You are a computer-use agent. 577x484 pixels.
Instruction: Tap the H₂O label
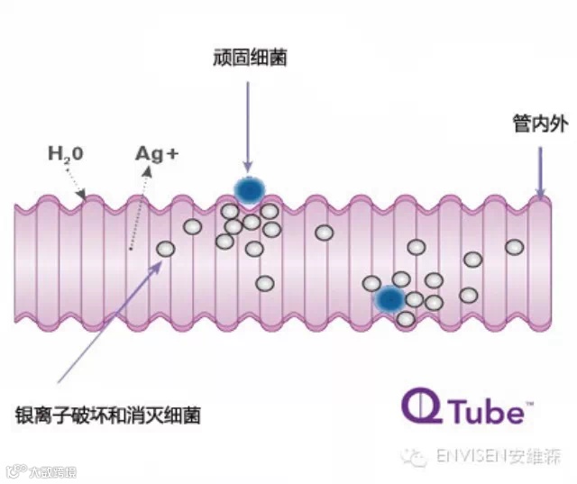coord(66,153)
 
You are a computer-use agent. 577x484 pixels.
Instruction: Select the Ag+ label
coord(157,152)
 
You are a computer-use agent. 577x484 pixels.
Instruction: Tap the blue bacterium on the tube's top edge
coord(249,189)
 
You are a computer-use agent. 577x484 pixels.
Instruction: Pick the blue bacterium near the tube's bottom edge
coord(389,298)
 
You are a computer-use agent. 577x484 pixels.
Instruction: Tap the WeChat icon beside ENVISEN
coord(416,458)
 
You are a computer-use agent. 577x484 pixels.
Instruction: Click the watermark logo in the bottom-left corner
coord(41,470)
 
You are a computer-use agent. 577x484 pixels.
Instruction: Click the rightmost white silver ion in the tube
coord(514,247)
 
